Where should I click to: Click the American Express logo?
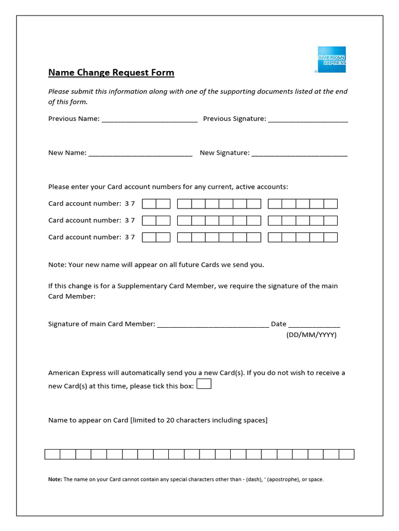pyautogui.click(x=331, y=59)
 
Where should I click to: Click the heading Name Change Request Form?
pyautogui.click(x=111, y=73)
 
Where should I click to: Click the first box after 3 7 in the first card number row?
pyautogui.click(x=149, y=204)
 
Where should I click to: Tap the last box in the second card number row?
pyautogui.click(x=330, y=220)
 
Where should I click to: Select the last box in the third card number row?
pyautogui.click(x=330, y=237)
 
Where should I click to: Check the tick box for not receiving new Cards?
pyautogui.click(x=204, y=384)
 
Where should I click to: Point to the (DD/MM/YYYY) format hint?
pyautogui.click(x=312, y=335)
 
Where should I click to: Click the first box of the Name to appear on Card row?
pyautogui.click(x=52, y=454)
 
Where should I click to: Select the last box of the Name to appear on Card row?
pyautogui.click(x=347, y=454)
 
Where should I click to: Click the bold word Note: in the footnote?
pyautogui.click(x=55, y=480)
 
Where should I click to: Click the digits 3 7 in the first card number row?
pyautogui.click(x=130, y=204)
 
